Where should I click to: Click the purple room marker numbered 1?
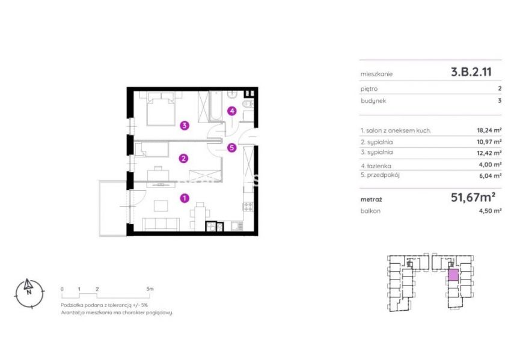pyautogui.click(x=185, y=198)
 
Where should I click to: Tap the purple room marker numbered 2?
pyautogui.click(x=183, y=159)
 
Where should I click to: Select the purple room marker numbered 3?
pyautogui.click(x=185, y=125)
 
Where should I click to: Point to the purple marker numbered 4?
pyautogui.click(x=232, y=111)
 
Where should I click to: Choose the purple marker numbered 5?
pyautogui.click(x=232, y=147)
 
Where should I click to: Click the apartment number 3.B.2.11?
pyautogui.click(x=471, y=72)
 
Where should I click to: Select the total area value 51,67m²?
pyautogui.click(x=473, y=197)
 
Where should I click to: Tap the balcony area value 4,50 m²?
pyautogui.click(x=491, y=211)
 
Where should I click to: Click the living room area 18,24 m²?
pyautogui.click(x=489, y=130)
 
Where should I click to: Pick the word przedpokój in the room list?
pyautogui.click(x=383, y=175)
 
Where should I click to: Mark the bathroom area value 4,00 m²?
pyautogui.click(x=491, y=165)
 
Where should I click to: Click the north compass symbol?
pyautogui.click(x=29, y=293)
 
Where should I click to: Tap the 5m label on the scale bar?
pyautogui.click(x=150, y=289)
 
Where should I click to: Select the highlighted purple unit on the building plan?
pyautogui.click(x=453, y=275)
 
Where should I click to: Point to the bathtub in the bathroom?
pyautogui.click(x=216, y=106)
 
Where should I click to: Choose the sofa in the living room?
pyautogui.click(x=161, y=224)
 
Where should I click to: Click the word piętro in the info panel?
pyautogui.click(x=369, y=89)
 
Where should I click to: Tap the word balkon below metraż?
pyautogui.click(x=370, y=211)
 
